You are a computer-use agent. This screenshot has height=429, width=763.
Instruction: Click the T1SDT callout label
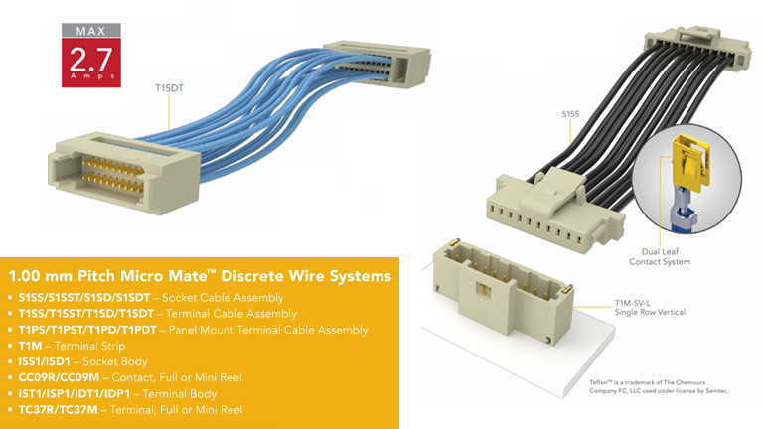pyautogui.click(x=170, y=86)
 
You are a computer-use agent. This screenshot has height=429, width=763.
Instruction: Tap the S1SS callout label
pyautogui.click(x=570, y=115)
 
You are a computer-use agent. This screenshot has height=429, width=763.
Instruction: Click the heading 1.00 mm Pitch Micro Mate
pyautogui.click(x=199, y=273)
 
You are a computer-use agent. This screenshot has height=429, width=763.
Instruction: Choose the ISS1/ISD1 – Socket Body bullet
pyautogui.click(x=89, y=361)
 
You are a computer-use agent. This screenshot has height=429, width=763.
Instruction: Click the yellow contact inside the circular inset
pyautogui.click(x=687, y=169)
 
